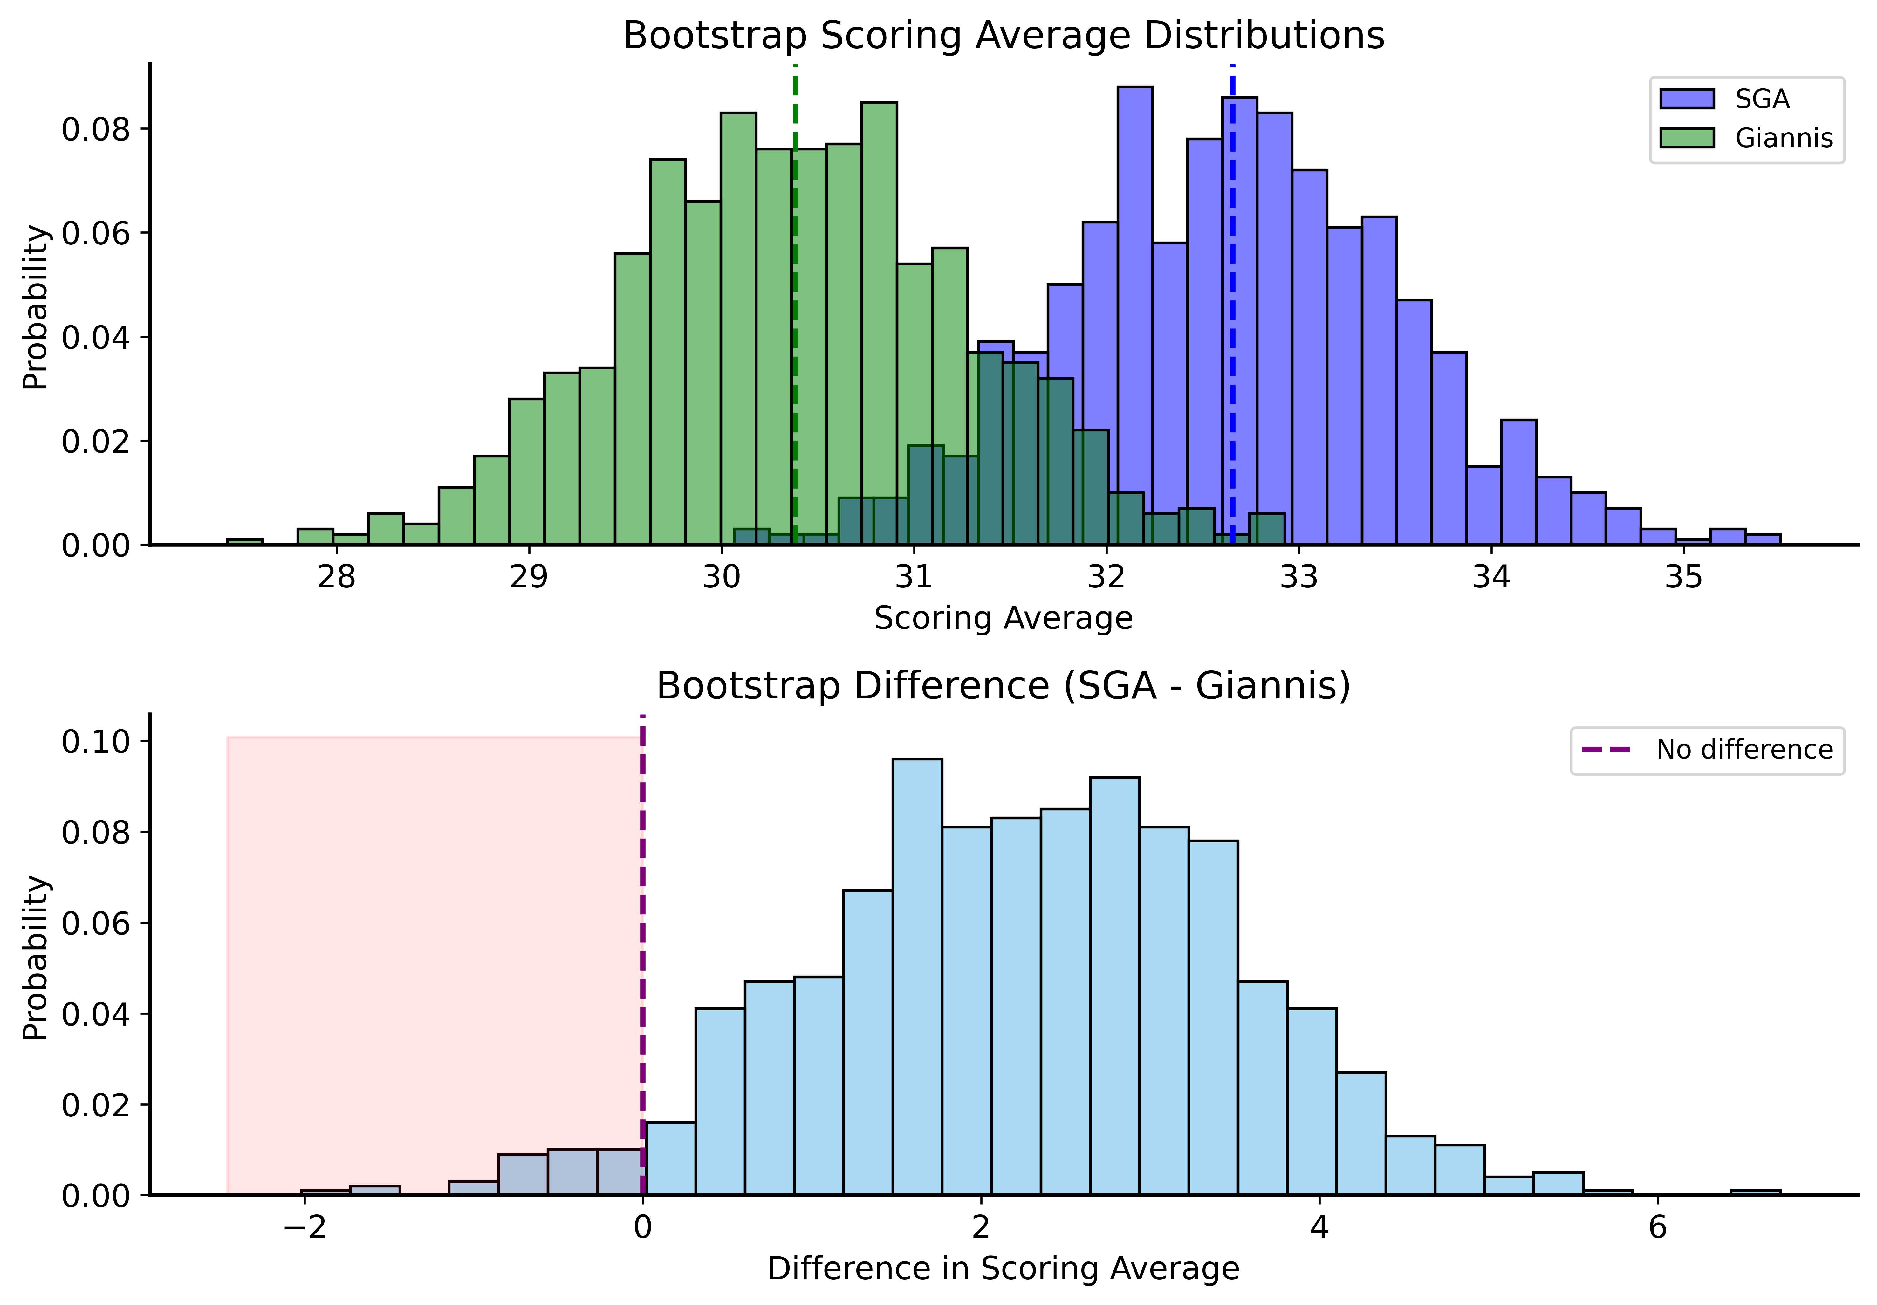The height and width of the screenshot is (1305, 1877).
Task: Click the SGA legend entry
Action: tap(1762, 99)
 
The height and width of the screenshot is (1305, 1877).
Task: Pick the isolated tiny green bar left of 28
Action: tap(244, 541)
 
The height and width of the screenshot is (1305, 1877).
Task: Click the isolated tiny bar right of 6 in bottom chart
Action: tap(1755, 1192)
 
